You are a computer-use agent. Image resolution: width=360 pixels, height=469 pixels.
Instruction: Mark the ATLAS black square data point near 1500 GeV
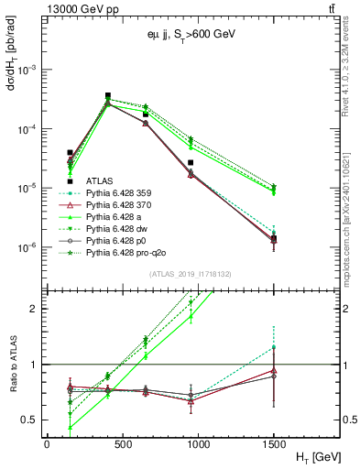point(275,239)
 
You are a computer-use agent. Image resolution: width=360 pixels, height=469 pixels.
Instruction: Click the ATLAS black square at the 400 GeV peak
point(108,95)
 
